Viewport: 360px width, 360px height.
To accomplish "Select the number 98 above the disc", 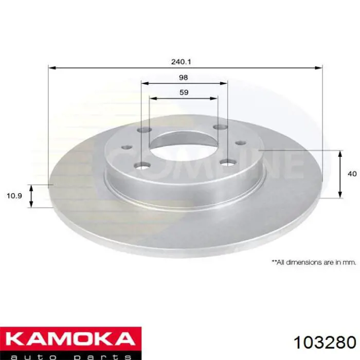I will pyautogui.click(x=184, y=78).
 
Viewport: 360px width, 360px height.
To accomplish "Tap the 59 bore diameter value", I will pyautogui.click(x=184, y=93).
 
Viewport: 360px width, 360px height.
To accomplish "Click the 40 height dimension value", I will pyautogui.click(x=352, y=174).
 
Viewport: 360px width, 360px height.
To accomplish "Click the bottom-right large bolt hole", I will pyautogui.click(x=227, y=163).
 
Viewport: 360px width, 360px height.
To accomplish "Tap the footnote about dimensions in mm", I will pyautogui.click(x=314, y=262).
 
